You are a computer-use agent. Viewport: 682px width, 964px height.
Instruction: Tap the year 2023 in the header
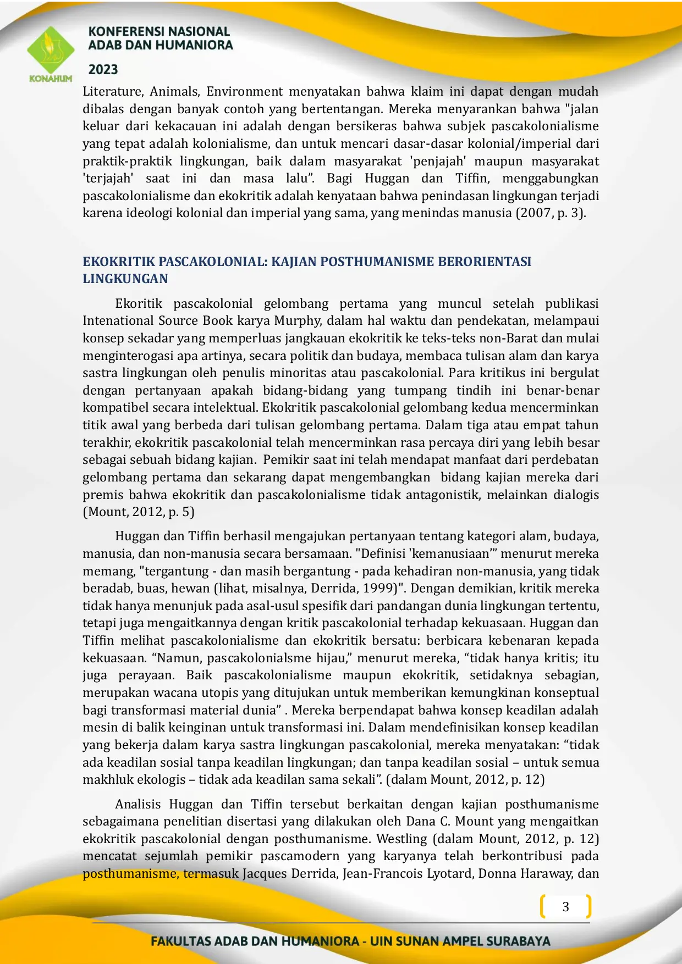pos(103,70)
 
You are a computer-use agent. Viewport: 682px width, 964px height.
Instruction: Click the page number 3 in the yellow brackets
pos(565,907)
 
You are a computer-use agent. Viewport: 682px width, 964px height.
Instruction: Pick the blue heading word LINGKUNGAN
pos(125,279)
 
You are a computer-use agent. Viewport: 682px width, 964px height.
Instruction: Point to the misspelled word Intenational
pos(118,320)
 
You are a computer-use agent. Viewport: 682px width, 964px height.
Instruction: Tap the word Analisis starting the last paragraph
pos(138,804)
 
